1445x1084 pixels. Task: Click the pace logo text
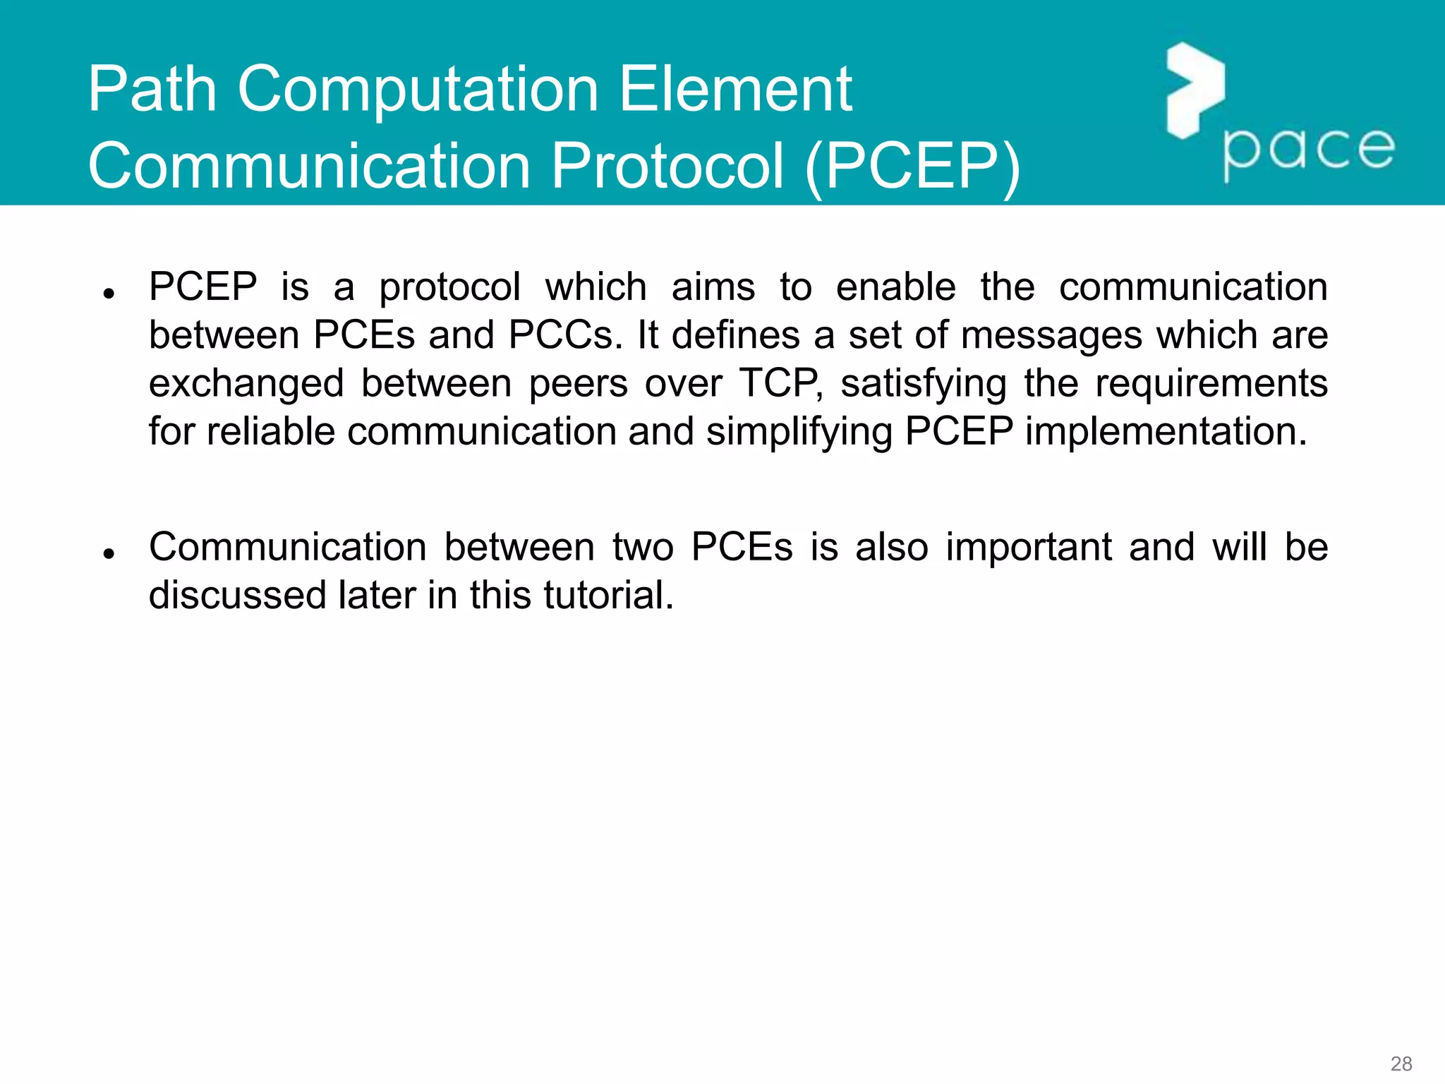click(x=1308, y=151)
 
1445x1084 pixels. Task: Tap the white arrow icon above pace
click(x=1195, y=90)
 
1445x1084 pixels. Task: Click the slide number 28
click(x=1401, y=1064)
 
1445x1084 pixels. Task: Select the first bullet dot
click(x=109, y=293)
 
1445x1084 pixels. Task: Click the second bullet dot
click(x=109, y=553)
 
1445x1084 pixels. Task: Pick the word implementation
click(x=1166, y=431)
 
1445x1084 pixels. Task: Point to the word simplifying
click(x=799, y=433)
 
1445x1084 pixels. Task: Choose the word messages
click(x=1051, y=336)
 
